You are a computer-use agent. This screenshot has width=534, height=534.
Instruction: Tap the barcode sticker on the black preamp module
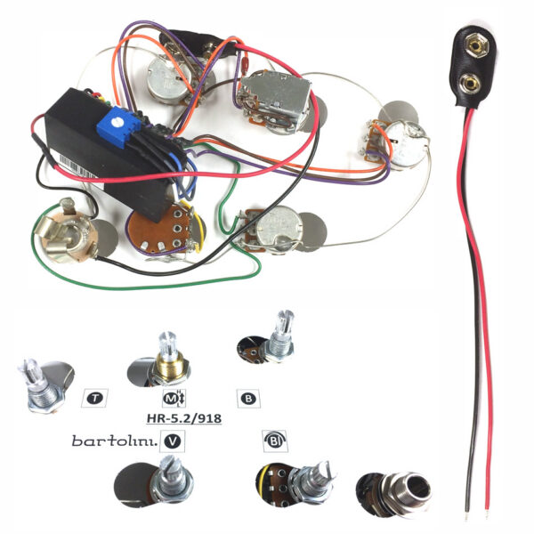point(79,169)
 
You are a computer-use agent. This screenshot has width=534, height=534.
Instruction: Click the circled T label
point(95,398)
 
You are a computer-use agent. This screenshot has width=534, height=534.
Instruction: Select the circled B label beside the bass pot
point(248,399)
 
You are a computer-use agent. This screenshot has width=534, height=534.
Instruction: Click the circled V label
point(173,441)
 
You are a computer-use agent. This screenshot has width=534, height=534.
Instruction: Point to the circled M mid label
point(174,399)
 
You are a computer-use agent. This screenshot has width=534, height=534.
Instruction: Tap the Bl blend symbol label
point(274,441)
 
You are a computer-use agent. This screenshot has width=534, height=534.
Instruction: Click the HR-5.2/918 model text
point(184,418)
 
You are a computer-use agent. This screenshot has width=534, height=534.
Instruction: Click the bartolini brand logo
point(115,441)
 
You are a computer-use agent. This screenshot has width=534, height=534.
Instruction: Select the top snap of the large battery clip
point(477,45)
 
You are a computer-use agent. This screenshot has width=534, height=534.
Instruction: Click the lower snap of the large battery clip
point(470,84)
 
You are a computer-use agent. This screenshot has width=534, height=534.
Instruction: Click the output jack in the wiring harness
point(66,231)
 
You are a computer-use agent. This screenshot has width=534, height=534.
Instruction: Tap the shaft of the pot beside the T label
point(38,384)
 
